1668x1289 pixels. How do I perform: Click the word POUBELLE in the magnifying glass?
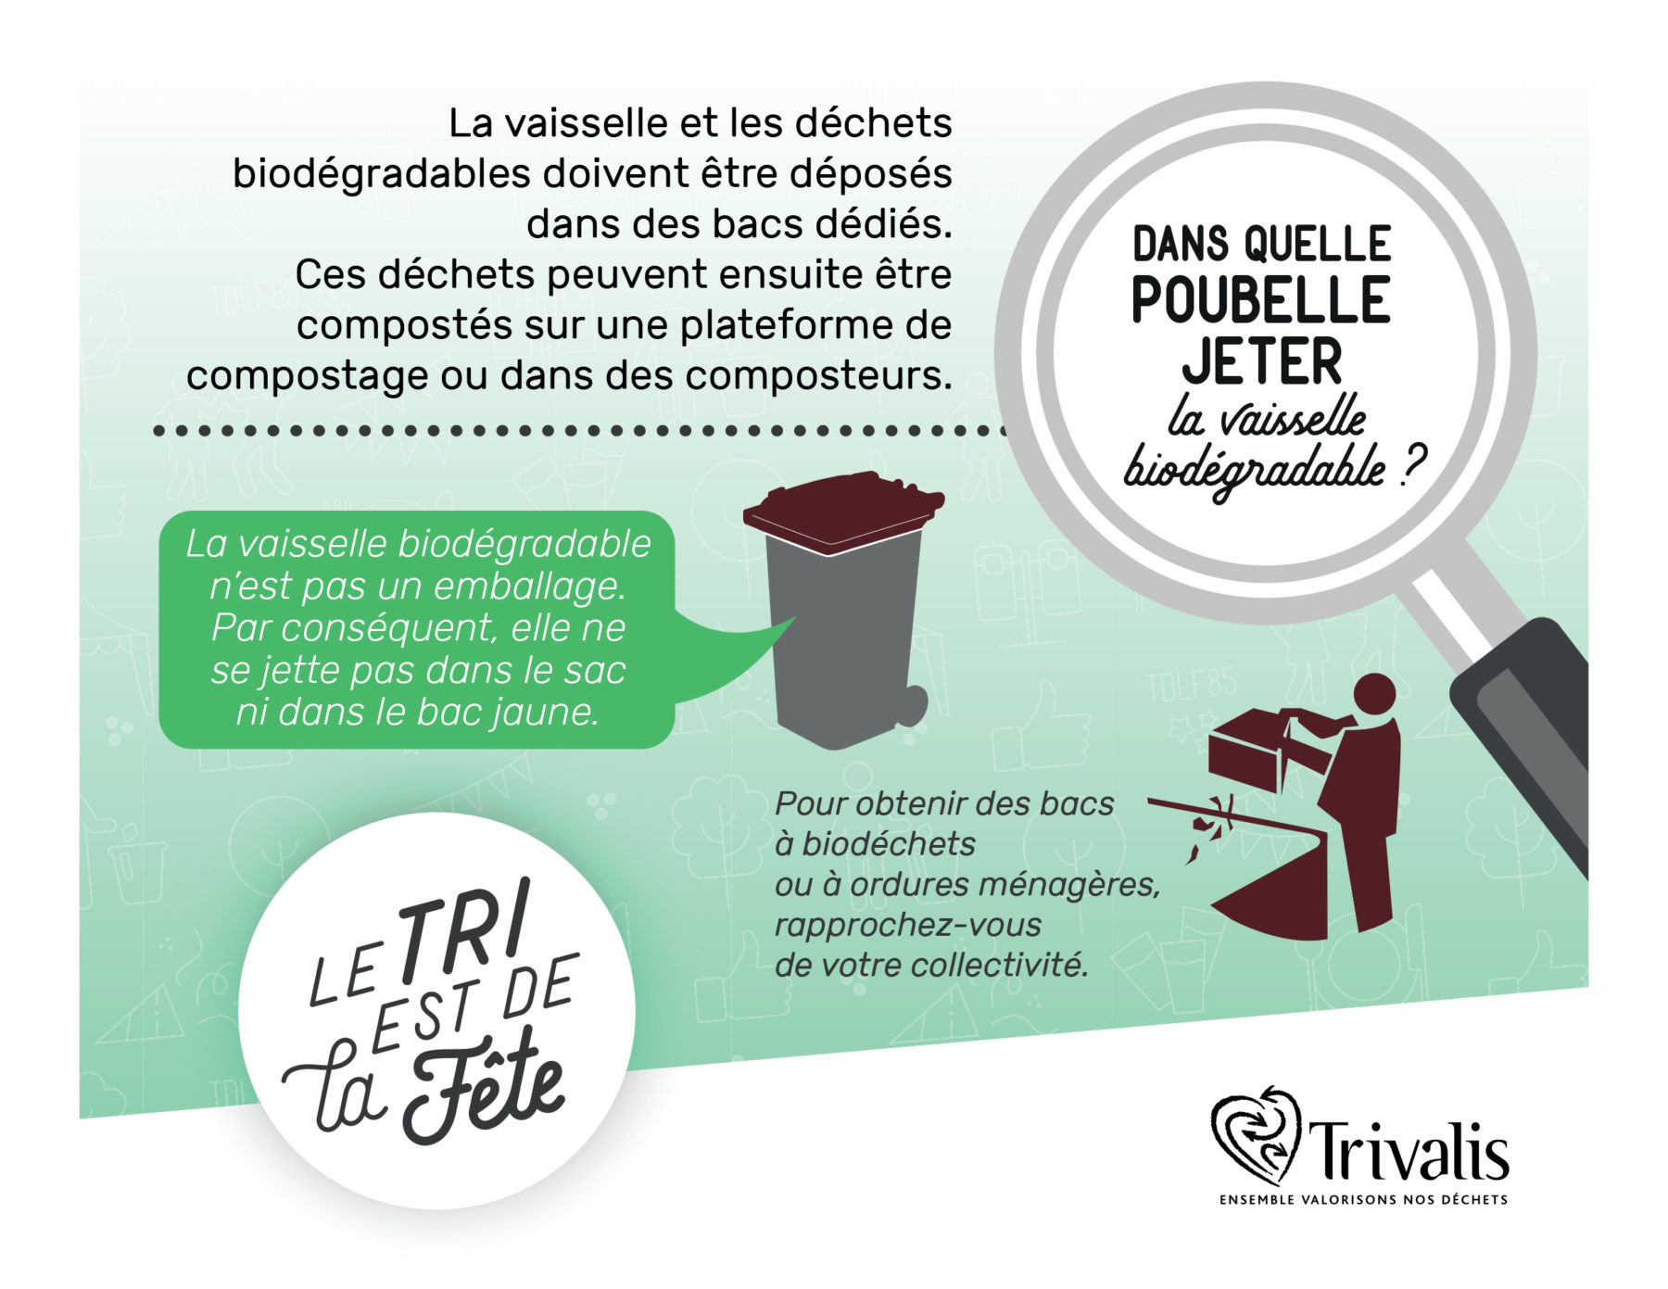point(1260,299)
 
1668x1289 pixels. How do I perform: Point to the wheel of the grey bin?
point(910,705)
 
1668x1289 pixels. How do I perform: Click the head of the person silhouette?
point(1374,694)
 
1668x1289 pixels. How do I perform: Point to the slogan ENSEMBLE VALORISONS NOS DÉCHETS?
point(1363,1200)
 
